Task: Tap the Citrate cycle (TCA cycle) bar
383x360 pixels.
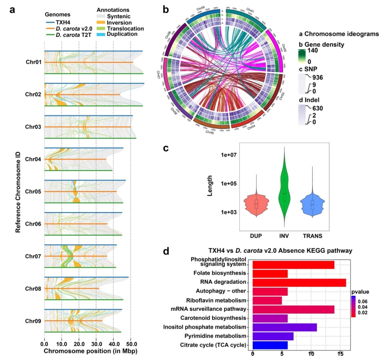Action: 270,345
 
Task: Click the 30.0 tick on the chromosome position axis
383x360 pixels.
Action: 96,343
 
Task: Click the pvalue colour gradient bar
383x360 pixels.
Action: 353,306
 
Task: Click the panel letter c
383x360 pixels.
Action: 166,148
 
